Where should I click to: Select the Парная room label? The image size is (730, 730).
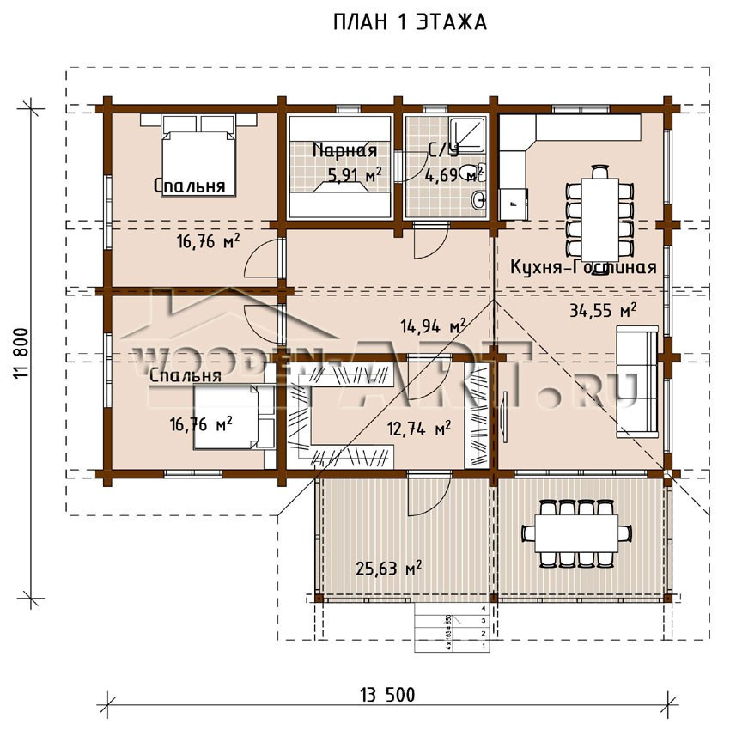344,151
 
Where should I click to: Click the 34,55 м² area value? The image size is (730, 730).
602,310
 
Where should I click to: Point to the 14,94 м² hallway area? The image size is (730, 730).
433,325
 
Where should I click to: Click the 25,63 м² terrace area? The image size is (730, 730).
389,568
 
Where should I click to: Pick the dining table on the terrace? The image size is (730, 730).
570,533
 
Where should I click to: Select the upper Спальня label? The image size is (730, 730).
190,186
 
